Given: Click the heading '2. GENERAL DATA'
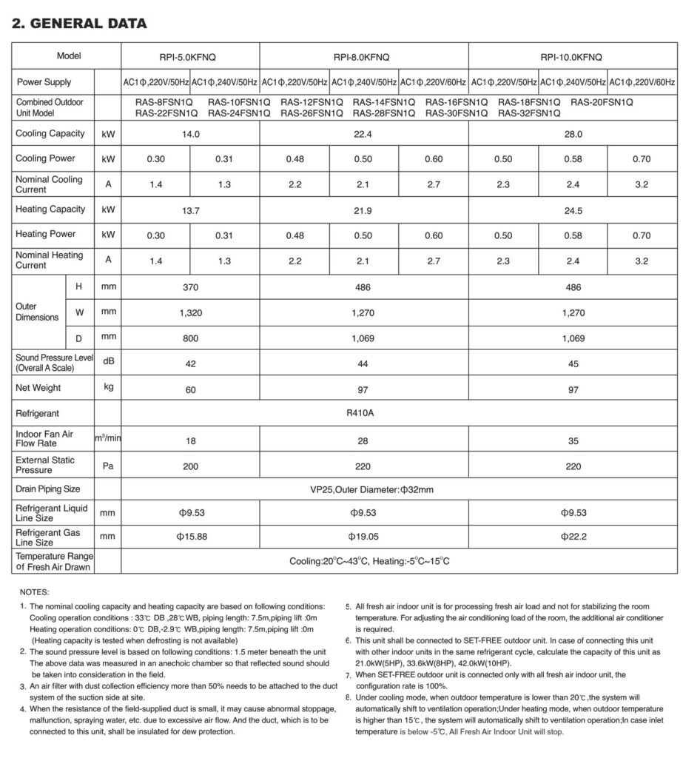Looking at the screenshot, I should (80, 24).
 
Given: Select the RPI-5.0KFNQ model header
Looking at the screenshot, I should (190, 56).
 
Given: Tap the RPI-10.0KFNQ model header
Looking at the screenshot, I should (573, 56).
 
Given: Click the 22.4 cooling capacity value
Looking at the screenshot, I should (363, 134).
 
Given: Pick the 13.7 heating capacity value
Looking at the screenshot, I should (190, 210).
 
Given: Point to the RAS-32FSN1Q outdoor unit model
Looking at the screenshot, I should (529, 113).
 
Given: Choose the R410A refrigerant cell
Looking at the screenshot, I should (363, 413).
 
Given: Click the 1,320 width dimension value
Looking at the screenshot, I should (190, 313).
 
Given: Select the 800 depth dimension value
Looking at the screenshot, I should (190, 338).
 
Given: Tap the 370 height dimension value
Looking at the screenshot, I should (190, 287).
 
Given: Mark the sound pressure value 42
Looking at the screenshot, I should (190, 363).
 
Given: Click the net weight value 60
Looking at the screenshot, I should (190, 388).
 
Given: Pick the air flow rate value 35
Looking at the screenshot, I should (573, 440).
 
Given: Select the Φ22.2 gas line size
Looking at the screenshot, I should (573, 537).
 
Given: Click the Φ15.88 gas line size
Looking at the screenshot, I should (190, 537).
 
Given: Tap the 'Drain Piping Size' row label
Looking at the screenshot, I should (48, 489).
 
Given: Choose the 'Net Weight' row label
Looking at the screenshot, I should (38, 388).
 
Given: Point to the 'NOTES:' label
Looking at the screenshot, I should (35, 592).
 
